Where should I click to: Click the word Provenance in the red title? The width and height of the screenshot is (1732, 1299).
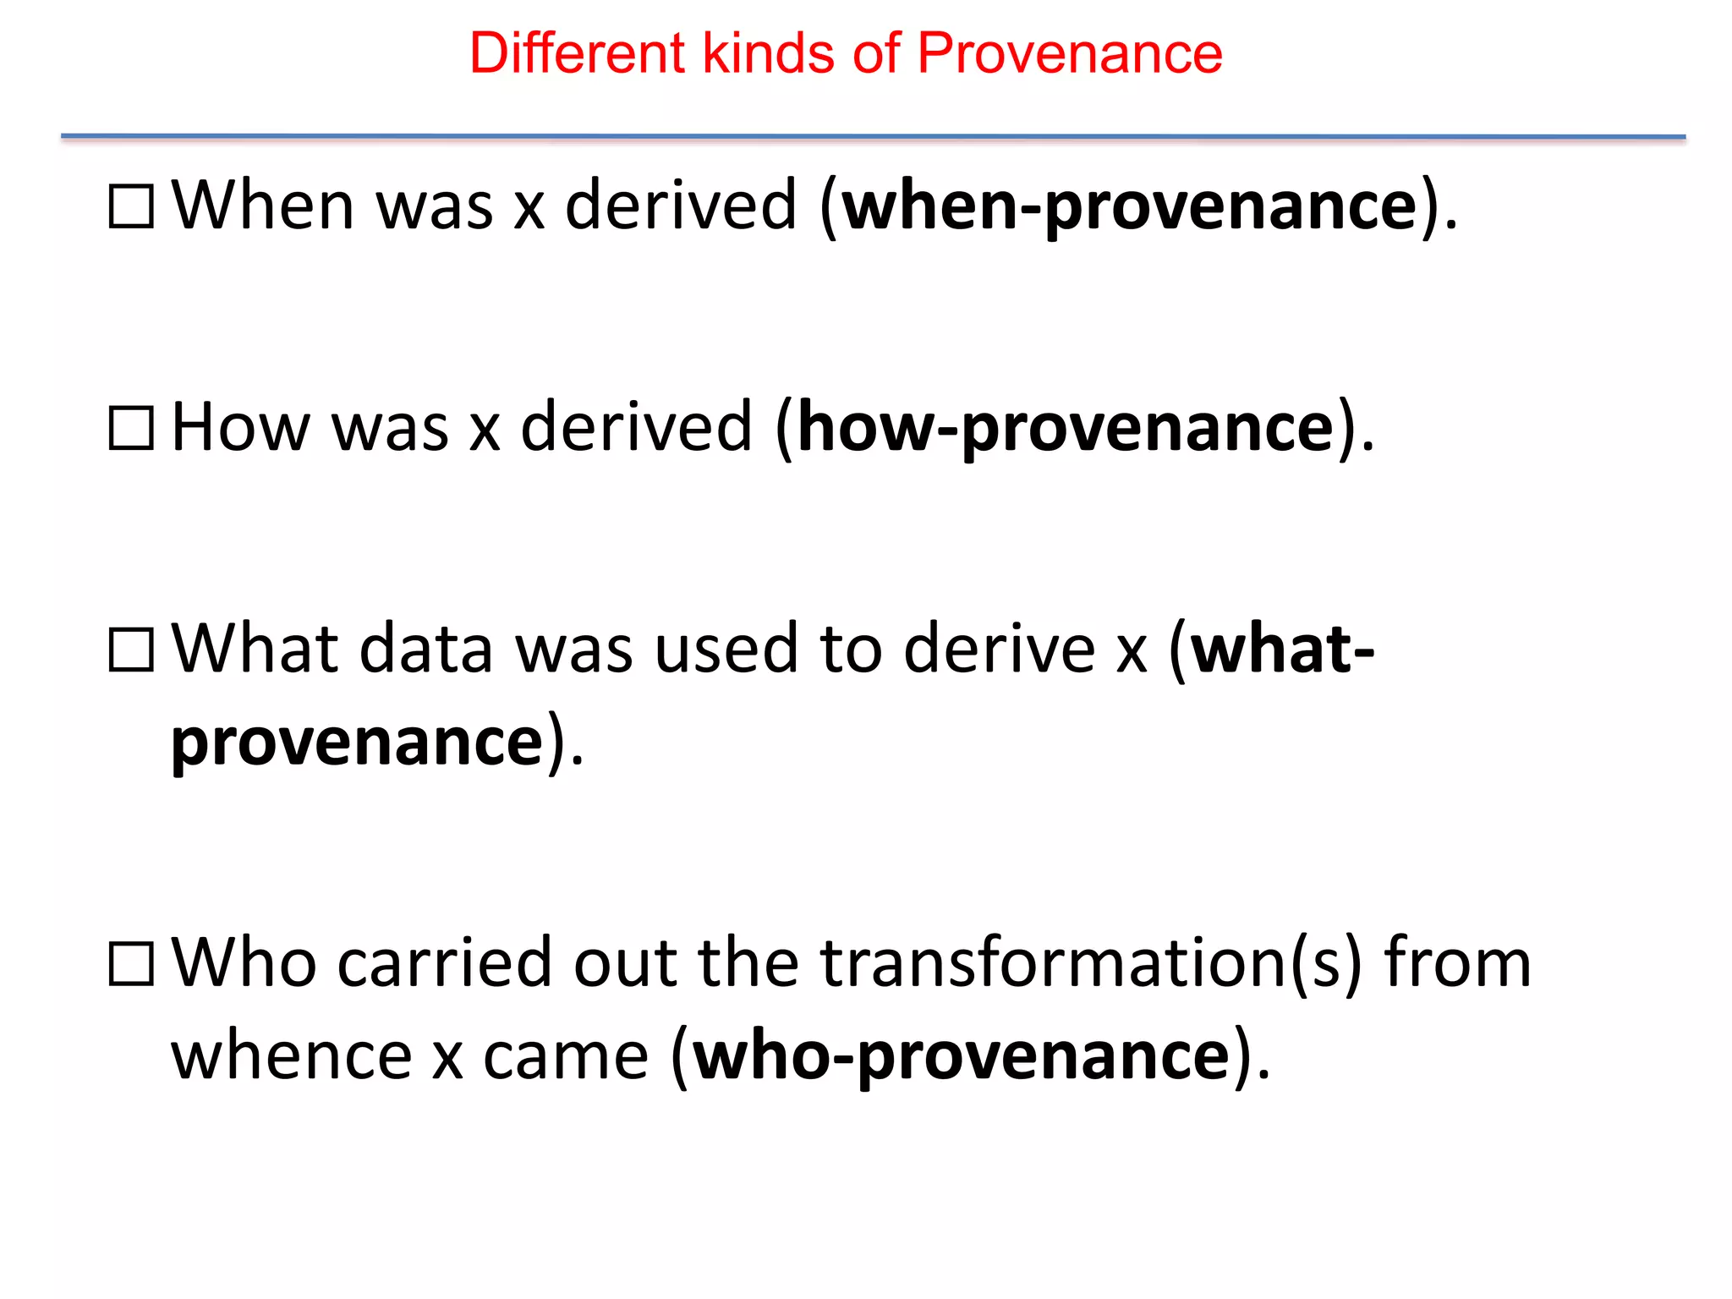tap(1069, 54)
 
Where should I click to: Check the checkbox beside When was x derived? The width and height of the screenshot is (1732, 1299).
tap(132, 206)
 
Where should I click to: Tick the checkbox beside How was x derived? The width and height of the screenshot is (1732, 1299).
tap(132, 429)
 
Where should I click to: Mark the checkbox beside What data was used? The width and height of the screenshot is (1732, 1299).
tap(132, 650)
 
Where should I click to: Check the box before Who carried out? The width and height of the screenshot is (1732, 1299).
tap(132, 965)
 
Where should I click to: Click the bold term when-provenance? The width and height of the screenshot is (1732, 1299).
tap(1130, 206)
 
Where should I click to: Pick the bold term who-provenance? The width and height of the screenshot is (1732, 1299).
tap(961, 1057)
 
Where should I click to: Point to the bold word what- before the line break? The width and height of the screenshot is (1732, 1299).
tap(1281, 649)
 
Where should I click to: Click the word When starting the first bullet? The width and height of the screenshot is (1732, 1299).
tap(263, 206)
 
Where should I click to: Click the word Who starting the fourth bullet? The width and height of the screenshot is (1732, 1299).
tap(245, 964)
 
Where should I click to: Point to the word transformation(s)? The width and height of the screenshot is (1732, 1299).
tap(1091, 964)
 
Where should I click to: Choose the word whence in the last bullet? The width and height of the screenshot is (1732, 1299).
tap(292, 1057)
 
